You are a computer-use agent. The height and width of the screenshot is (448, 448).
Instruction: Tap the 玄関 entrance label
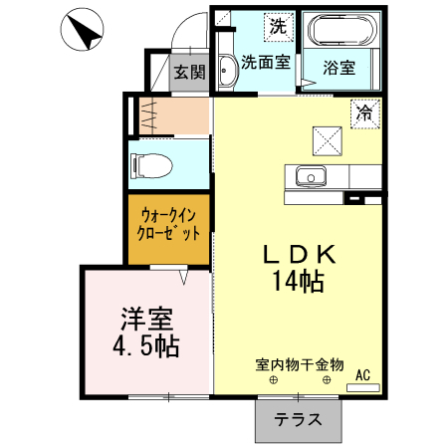tap(189, 72)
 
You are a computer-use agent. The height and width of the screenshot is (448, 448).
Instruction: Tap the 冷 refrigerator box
tap(365, 113)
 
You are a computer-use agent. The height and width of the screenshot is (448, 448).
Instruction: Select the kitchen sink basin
tap(312, 177)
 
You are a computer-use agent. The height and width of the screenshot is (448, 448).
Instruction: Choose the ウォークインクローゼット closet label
tap(170, 222)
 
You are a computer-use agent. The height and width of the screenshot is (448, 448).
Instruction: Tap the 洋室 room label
tap(147, 321)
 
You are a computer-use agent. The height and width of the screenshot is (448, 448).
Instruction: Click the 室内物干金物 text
tap(299, 364)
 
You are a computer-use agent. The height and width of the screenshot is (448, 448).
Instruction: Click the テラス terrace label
tap(299, 419)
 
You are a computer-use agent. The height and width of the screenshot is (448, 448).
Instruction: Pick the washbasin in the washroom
tap(224, 72)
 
